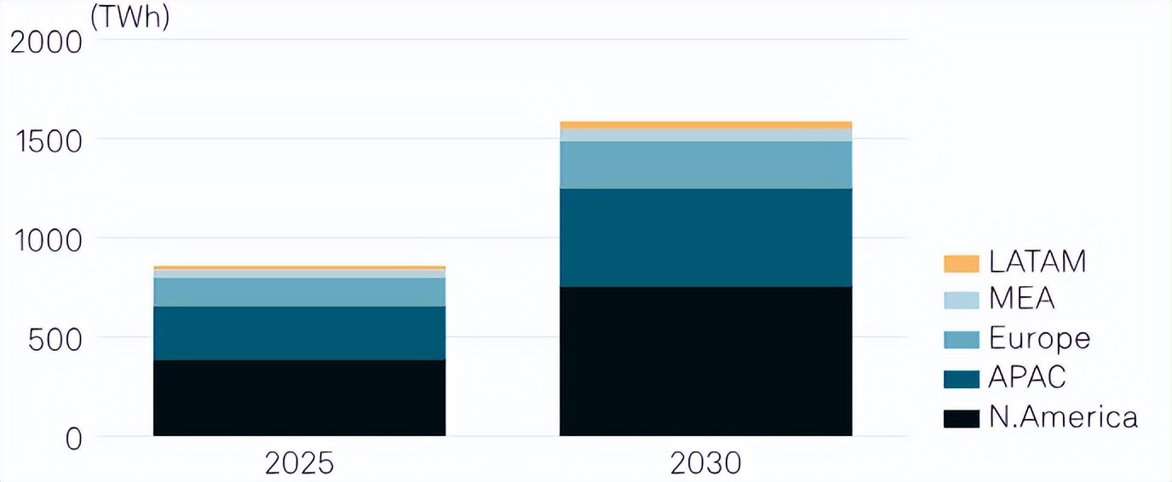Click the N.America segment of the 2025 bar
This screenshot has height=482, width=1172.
point(299,398)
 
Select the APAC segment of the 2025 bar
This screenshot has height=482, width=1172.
point(299,333)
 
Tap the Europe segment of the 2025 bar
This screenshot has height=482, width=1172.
point(299,292)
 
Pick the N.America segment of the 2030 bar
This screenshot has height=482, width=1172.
point(705,361)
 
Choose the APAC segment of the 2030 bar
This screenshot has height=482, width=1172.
point(705,238)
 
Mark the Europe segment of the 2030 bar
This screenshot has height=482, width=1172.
point(705,164)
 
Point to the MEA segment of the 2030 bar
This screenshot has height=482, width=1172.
point(705,135)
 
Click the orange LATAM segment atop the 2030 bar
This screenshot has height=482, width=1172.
point(705,125)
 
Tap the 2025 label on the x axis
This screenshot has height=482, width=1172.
point(299,463)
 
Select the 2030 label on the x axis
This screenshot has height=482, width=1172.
point(705,463)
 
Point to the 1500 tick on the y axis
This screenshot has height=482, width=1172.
point(47,141)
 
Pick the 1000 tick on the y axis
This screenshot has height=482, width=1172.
point(47,240)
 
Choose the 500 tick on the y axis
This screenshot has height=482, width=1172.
point(56,339)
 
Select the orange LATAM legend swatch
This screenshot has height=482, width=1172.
point(961,263)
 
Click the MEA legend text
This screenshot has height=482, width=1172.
point(1021,300)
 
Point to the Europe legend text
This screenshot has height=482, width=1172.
point(1039,338)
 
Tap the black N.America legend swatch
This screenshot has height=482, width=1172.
point(961,418)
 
